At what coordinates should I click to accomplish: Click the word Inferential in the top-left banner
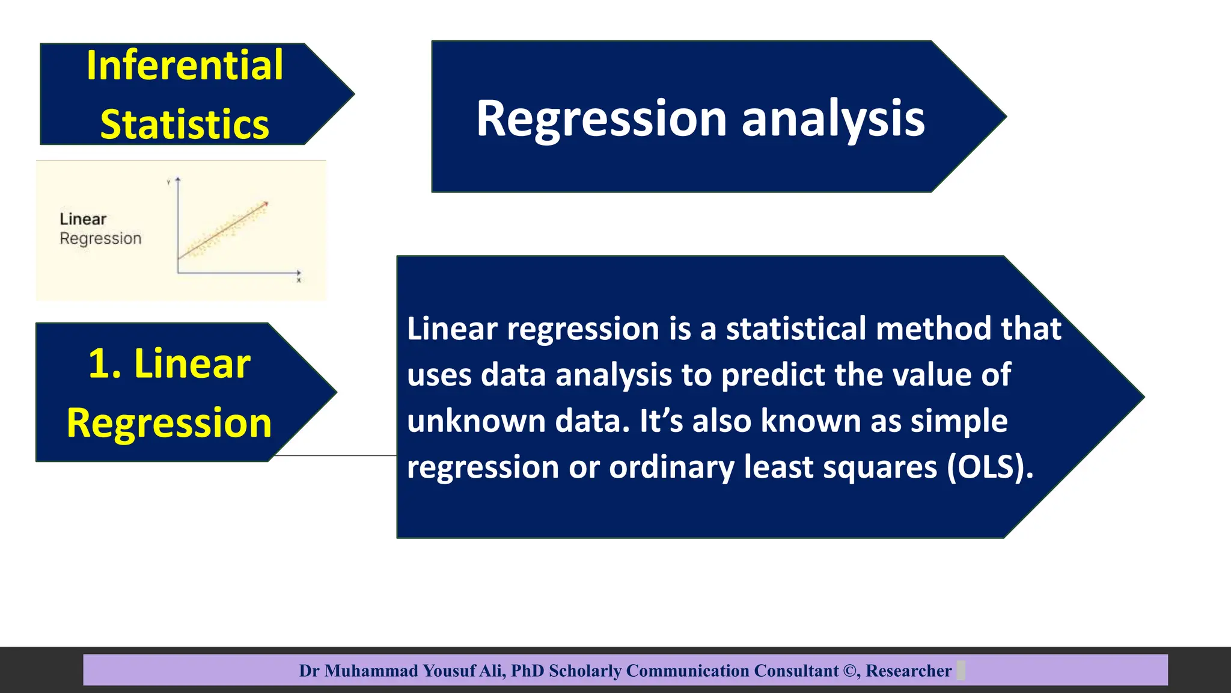point(185,65)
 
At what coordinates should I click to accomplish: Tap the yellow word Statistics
point(185,125)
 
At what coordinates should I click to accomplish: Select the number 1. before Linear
point(105,364)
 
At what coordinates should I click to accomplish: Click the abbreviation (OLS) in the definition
point(990,466)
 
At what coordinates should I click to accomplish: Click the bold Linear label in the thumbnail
point(83,219)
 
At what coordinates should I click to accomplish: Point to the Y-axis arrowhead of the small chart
point(178,180)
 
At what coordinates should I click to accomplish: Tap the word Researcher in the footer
point(908,671)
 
